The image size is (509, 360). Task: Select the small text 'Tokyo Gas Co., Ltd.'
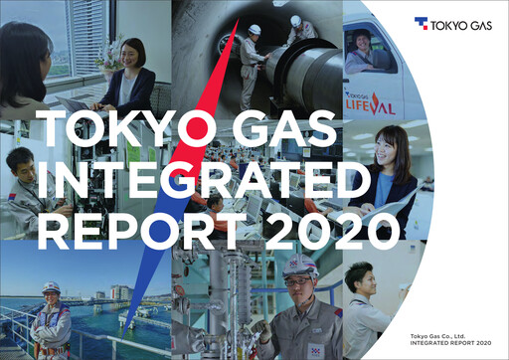click(442, 338)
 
